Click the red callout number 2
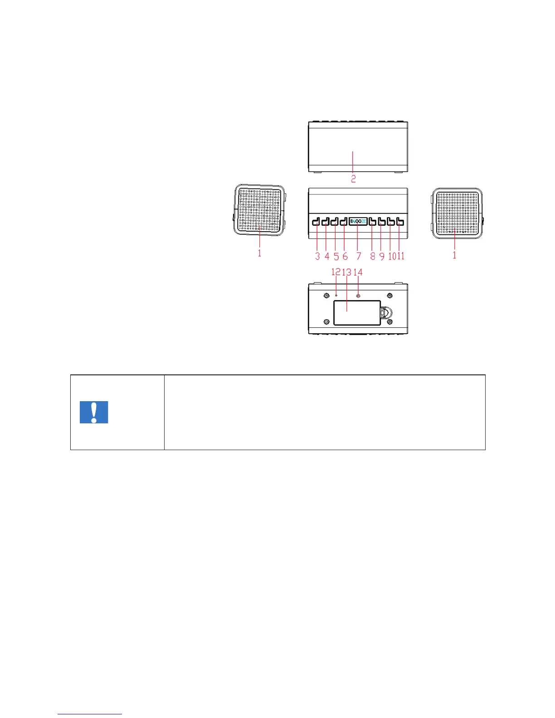353,179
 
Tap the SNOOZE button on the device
358,222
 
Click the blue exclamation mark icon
94,412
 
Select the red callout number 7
359,257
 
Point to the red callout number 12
336,272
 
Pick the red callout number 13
347,272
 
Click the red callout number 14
358,272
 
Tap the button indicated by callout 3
316,222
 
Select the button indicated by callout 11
400,222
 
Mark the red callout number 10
392,257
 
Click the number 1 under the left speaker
259,253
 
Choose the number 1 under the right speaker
454,255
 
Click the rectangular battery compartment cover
357,313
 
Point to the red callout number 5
336,257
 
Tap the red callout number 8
373,257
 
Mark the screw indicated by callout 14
359,296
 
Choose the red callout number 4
326,257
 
